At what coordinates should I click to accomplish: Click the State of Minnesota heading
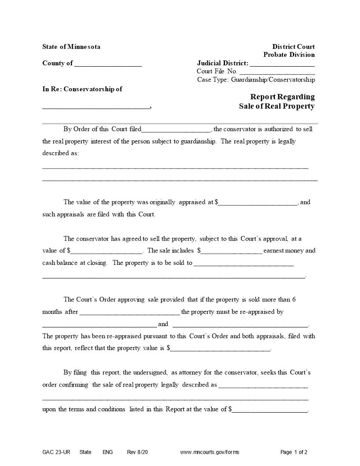coord(71,47)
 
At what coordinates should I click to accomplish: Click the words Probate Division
coord(289,55)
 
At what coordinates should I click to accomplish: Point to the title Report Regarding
coord(282,97)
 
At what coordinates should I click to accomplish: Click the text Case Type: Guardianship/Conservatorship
coord(256,80)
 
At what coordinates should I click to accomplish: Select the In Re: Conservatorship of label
coord(82,89)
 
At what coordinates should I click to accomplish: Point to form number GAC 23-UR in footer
coord(56,452)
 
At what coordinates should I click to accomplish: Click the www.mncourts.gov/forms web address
coord(210,452)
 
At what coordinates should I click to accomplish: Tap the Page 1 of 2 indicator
coord(294,452)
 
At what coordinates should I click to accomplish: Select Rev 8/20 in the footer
coord(137,452)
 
